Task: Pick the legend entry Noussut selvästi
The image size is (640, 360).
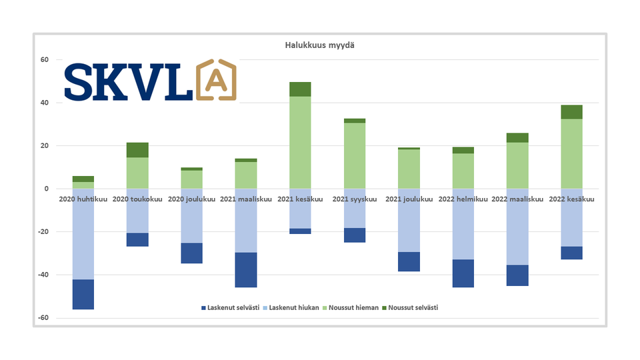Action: pos(413,308)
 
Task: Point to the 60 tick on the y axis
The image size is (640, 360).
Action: pos(45,60)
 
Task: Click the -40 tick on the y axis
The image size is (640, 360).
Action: pos(43,275)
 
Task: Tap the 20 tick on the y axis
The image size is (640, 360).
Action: pos(45,146)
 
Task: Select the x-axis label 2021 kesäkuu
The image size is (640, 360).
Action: pos(300,199)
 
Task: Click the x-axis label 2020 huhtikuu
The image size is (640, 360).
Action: pos(83,199)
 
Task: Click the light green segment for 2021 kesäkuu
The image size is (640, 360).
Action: pos(300,143)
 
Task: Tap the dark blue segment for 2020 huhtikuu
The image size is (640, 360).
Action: pos(83,294)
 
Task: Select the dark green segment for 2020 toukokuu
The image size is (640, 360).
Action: pos(137,150)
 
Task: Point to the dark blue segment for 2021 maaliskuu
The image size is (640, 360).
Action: pos(246,270)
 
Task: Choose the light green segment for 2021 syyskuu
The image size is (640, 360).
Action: pos(354,156)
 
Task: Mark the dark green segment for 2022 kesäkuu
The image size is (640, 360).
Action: pos(571,112)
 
